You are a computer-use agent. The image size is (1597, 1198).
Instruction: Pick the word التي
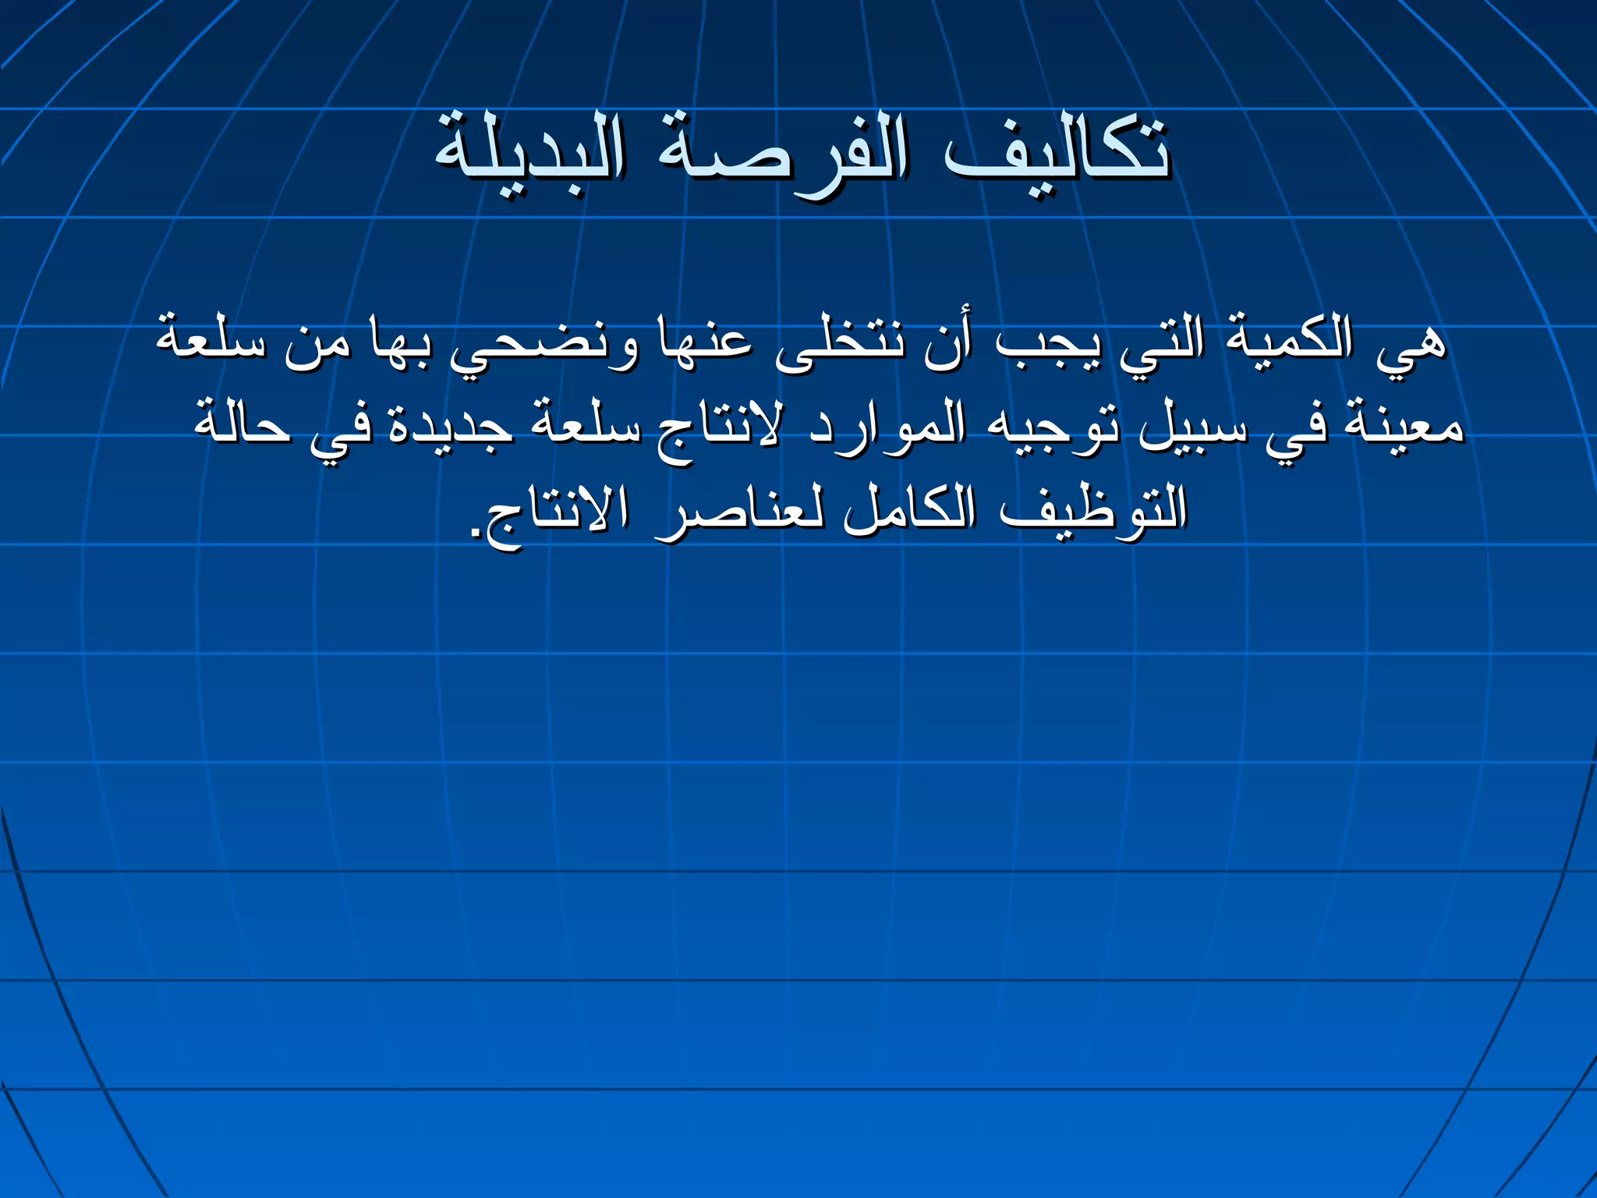click(x=1162, y=343)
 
